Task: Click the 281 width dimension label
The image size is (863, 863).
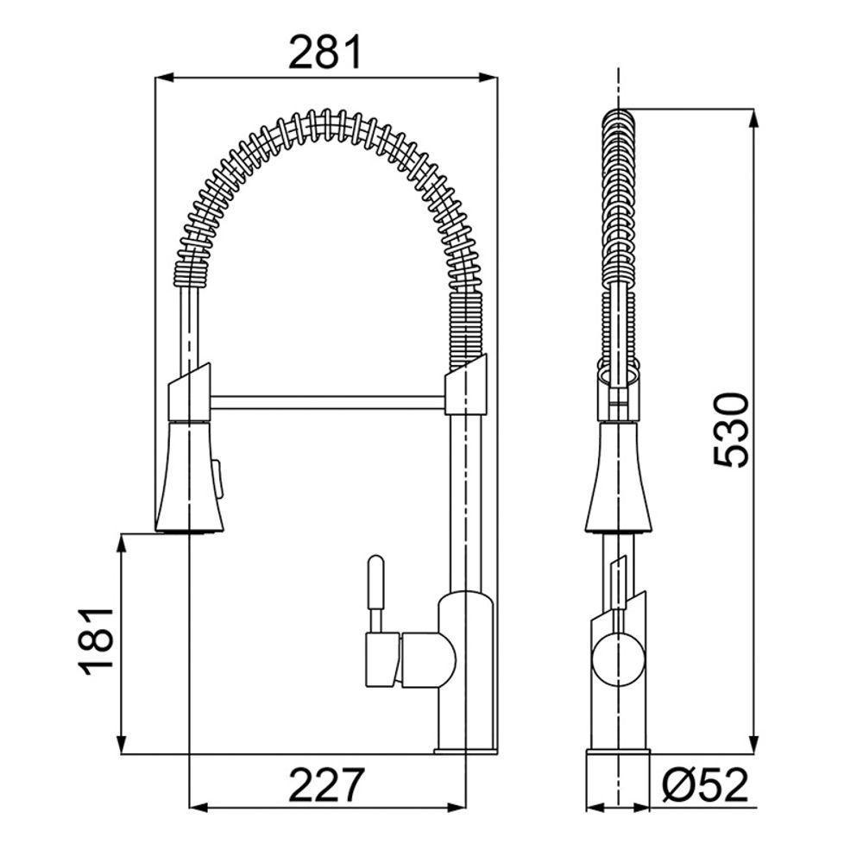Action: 325,54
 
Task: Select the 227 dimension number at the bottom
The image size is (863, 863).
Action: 325,784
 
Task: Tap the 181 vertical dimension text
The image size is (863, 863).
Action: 95,641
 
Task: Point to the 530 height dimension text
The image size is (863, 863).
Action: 731,430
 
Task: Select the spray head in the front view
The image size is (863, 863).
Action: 189,475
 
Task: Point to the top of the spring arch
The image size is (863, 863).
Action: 328,122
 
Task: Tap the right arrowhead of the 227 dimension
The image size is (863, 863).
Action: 462,807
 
